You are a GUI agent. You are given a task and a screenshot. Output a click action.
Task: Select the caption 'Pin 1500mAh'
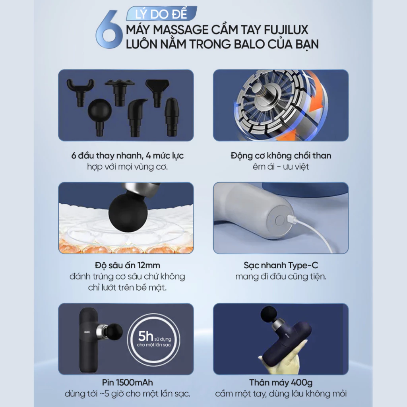pyautogui.click(x=127, y=382)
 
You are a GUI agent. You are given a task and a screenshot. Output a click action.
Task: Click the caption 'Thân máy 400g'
pyautogui.click(x=281, y=382)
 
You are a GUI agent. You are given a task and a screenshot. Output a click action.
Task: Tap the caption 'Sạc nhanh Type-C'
pyautogui.click(x=281, y=265)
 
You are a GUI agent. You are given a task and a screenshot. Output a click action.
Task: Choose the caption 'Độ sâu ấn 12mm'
pyautogui.click(x=127, y=265)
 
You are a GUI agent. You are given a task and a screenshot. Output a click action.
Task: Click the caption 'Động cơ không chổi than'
pyautogui.click(x=281, y=155)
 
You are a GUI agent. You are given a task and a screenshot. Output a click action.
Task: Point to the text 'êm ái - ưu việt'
pyautogui.click(x=281, y=167)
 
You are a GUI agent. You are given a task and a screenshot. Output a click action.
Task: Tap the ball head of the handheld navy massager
pyautogui.click(x=270, y=314)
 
